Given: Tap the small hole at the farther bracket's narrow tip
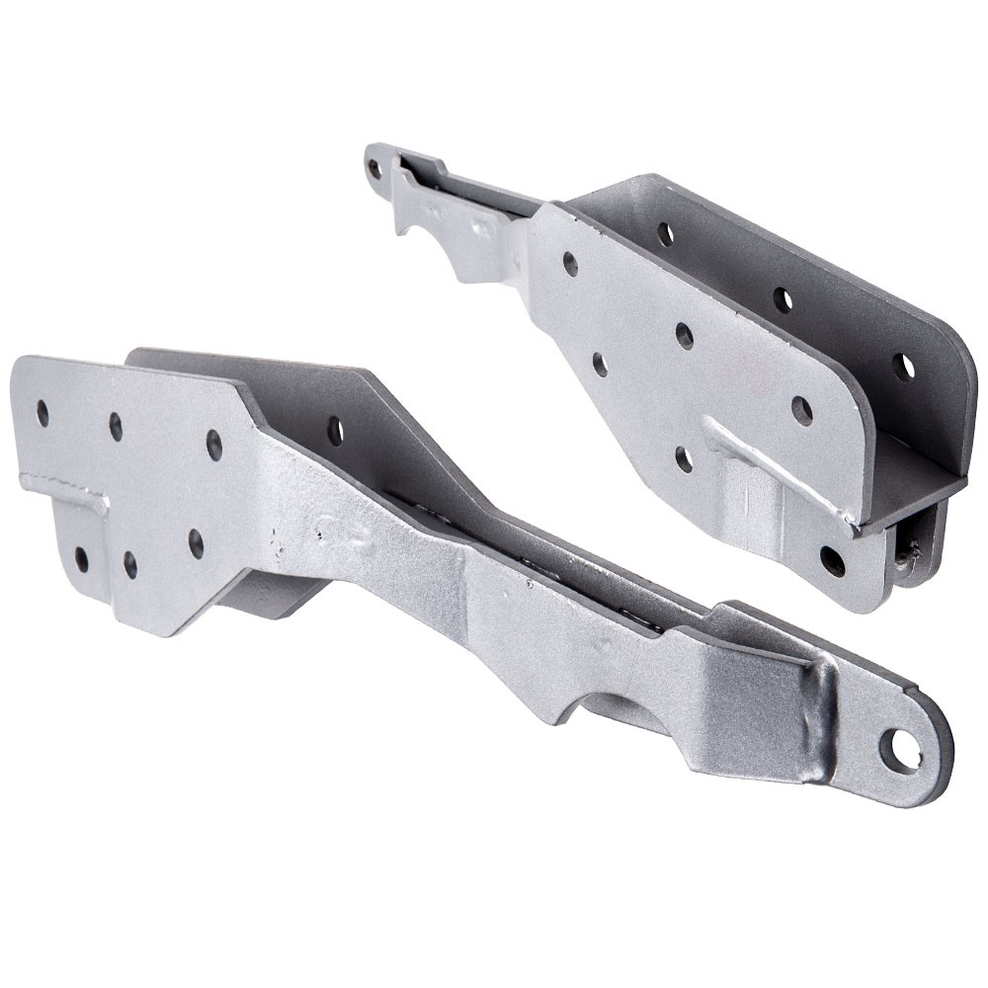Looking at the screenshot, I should (x=374, y=169).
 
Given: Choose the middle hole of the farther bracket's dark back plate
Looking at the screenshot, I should (x=782, y=299).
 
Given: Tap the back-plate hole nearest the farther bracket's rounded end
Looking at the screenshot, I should (x=903, y=367).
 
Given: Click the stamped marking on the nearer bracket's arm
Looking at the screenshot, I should (x=332, y=535).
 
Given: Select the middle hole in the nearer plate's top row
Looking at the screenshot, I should (x=117, y=426).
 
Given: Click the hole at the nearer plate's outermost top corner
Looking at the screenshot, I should (x=42, y=412).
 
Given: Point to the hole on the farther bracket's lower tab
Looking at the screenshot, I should (x=832, y=560).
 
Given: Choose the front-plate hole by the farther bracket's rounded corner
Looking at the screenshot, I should (x=801, y=410).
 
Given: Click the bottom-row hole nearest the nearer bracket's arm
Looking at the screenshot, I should (x=196, y=542).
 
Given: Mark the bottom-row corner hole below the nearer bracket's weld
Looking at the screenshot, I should (x=81, y=559).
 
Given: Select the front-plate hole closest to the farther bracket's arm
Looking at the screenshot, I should (x=570, y=264).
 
